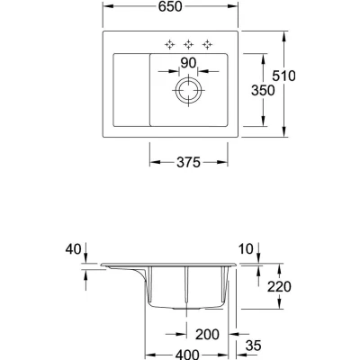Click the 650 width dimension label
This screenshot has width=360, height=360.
[170, 6]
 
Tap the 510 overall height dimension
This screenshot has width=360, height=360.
[283, 76]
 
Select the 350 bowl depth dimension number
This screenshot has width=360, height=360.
[263, 90]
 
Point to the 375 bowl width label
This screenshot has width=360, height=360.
[188, 163]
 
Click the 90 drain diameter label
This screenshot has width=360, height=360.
[188, 63]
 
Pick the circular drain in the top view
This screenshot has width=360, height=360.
[188, 90]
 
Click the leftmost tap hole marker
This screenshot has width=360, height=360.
[169, 44]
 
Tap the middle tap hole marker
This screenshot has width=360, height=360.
[188, 44]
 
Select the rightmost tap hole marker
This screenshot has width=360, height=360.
[207, 44]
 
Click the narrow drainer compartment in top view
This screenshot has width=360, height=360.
[131, 90]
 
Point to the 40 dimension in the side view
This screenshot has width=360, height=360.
[73, 249]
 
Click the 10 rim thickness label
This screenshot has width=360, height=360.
[246, 249]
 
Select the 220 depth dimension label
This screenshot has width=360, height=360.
[279, 287]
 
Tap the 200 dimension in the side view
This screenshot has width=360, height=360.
[207, 334]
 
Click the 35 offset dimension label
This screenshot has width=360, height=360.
[254, 346]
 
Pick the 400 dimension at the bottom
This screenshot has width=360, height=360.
[187, 355]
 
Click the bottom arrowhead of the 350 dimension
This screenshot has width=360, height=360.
[263, 121]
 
